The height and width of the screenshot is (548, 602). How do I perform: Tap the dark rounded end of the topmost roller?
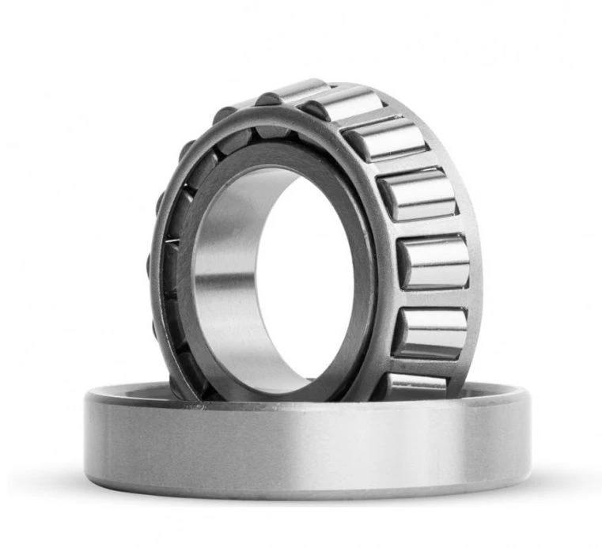point(267,100)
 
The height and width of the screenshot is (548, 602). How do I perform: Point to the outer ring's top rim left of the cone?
point(127,391)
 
